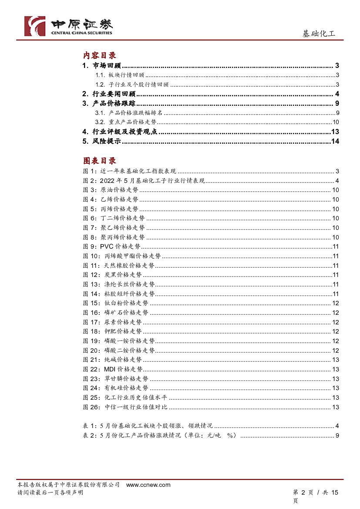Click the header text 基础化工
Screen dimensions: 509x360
pyautogui.click(x=319, y=34)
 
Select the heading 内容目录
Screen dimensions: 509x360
pyautogui.click(x=100, y=56)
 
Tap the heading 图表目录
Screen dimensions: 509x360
pyautogui.click(x=100, y=161)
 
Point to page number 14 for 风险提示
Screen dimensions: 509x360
pyautogui.click(x=335, y=141)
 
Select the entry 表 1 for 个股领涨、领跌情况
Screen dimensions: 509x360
pyautogui.click(x=148, y=426)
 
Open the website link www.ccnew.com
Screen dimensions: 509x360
pyautogui.click(x=148, y=485)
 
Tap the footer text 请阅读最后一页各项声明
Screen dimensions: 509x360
pyautogui.click(x=50, y=492)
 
